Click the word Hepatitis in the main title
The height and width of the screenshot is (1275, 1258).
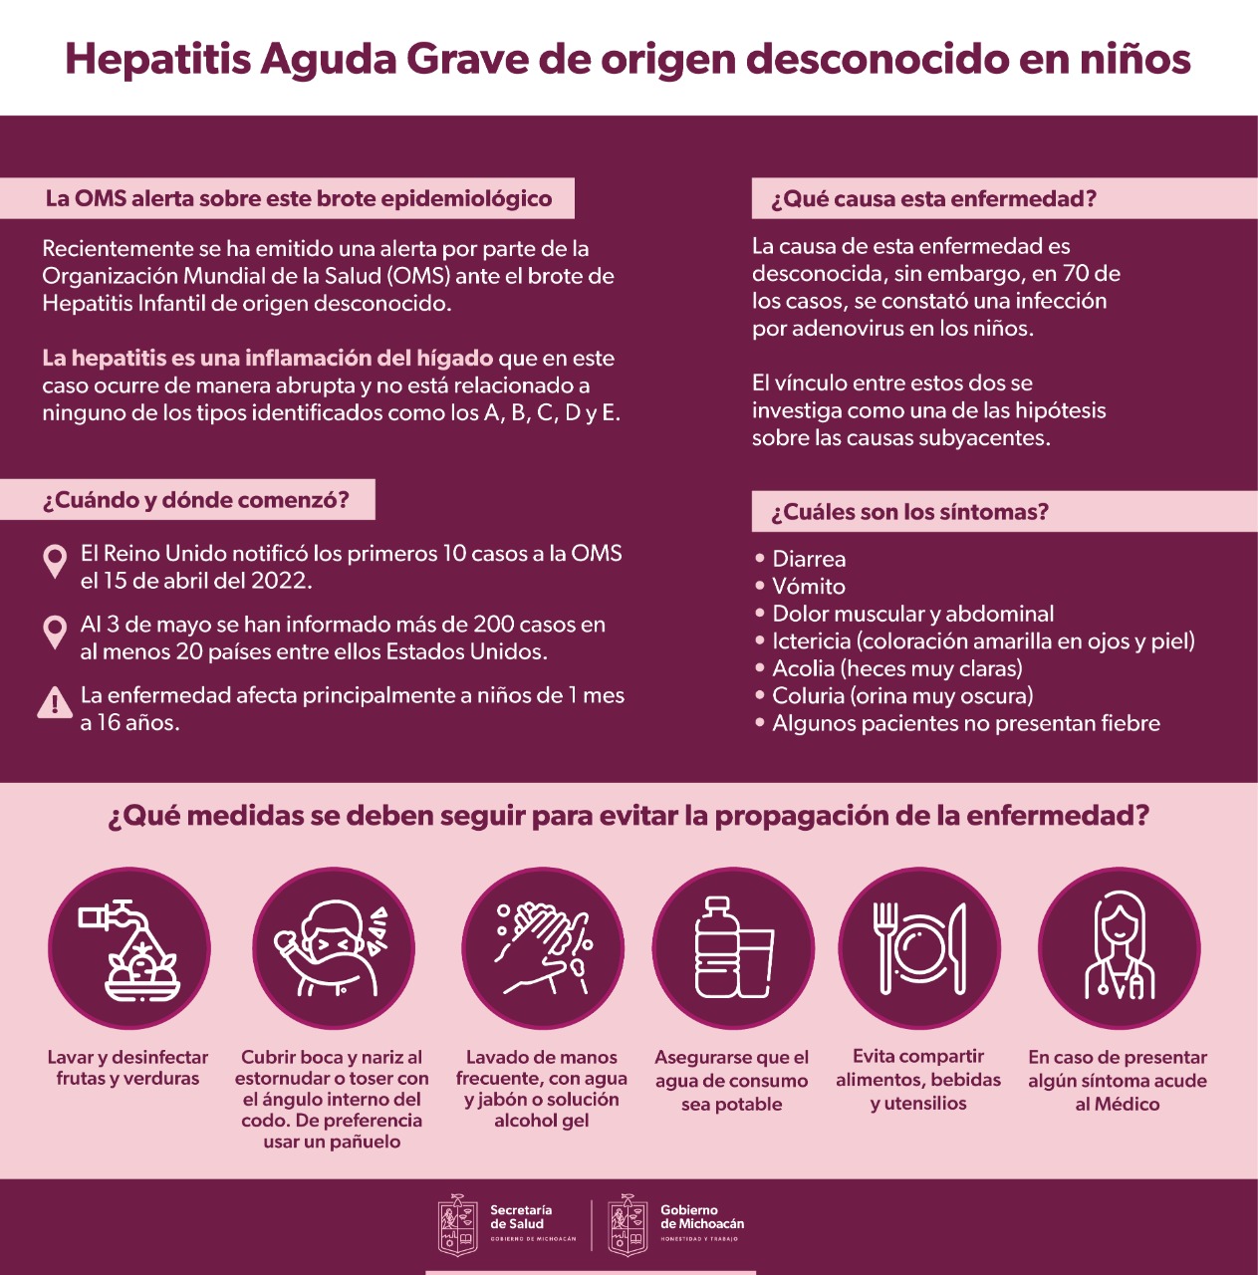(157, 59)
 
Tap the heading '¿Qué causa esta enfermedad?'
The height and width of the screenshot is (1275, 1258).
(933, 199)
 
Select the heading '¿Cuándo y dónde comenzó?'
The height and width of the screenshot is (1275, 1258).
(196, 500)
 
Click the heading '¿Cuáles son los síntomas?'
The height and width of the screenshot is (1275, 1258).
(909, 512)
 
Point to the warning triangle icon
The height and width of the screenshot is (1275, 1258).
(54, 703)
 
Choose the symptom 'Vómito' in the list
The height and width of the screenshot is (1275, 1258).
(808, 587)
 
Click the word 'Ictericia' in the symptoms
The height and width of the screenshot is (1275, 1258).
(811, 641)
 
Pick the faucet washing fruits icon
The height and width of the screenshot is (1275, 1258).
(129, 948)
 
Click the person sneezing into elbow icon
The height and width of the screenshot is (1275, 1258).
(333, 948)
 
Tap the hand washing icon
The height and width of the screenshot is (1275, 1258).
(542, 948)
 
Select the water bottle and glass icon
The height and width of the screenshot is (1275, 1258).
(732, 948)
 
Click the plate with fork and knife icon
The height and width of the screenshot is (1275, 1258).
(918, 948)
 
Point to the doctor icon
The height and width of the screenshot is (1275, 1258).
(1119, 948)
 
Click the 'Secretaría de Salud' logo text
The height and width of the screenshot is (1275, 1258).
(520, 1217)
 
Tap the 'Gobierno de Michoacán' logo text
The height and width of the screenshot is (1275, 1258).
(701, 1217)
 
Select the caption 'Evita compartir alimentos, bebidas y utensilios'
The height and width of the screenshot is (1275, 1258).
(918, 1080)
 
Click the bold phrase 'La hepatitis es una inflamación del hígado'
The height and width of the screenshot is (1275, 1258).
(267, 359)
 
